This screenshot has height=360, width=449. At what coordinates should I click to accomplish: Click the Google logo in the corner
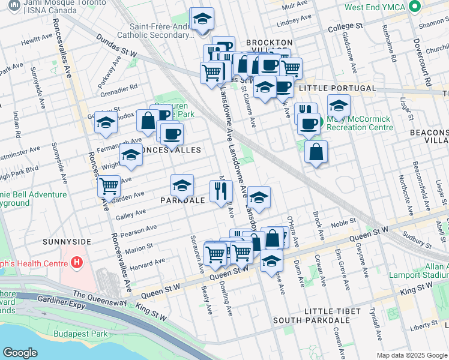pos(20,353)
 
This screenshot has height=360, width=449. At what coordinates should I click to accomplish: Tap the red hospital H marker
pos(76,262)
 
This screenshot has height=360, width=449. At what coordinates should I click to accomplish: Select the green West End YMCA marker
pos(413,8)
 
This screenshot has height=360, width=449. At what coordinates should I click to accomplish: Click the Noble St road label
pos(343,223)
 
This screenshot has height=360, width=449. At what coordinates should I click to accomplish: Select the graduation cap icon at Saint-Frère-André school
pos(202,19)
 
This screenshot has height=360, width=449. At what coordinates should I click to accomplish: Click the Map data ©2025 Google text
pos(411,355)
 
